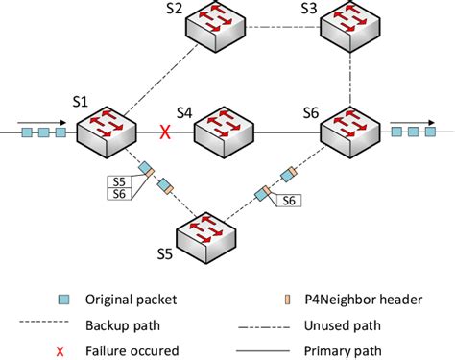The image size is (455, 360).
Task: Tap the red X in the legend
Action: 60,326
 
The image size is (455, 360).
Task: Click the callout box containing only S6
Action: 287,201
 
